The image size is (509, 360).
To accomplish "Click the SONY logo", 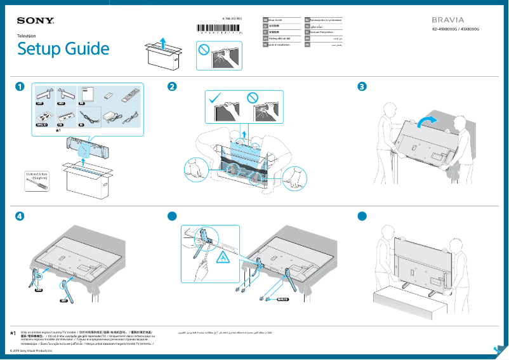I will tap(36, 21).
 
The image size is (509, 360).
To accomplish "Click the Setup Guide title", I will tap(63, 49).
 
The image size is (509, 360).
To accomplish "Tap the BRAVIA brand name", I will tap(447, 20).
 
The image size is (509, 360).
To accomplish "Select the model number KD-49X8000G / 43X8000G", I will tap(455, 30).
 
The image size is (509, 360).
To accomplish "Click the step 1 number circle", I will tap(21, 86).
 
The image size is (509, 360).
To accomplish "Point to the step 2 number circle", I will tap(171, 86).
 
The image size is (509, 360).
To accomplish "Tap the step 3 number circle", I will tap(362, 86).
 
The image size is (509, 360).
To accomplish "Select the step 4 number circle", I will tap(21, 216).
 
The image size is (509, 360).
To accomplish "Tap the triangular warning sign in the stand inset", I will tap(223, 257).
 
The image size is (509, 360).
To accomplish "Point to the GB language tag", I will tap(265, 21).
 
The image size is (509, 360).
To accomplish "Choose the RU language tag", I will tap(308, 21).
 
